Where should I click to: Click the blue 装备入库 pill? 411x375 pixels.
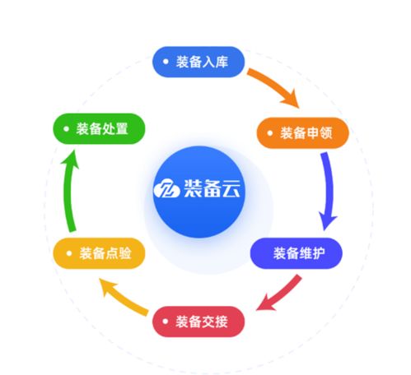(198, 62)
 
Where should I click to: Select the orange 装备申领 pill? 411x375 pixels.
(302, 133)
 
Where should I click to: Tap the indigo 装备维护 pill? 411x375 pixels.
(297, 253)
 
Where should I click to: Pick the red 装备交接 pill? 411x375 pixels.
(198, 322)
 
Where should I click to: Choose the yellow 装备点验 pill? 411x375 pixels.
(99, 253)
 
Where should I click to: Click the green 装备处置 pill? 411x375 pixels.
(99, 128)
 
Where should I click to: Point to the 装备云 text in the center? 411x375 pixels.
(212, 188)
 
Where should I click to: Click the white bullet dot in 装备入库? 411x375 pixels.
(166, 62)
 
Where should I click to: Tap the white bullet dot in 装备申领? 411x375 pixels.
(270, 133)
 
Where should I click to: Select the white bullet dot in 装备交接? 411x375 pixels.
(165, 321)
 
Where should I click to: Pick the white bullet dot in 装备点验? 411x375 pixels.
(69, 253)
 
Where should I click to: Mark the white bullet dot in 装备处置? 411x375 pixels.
(66, 128)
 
